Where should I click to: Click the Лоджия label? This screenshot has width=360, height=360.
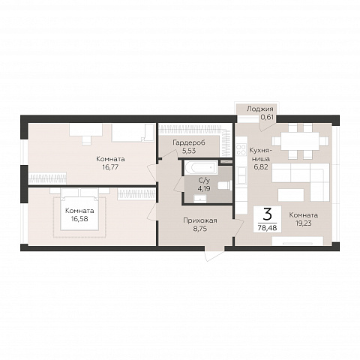pyautogui.click(x=260, y=109)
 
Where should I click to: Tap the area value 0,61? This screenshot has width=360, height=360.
pyautogui.click(x=267, y=117)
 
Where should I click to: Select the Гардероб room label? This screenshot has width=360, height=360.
pyautogui.click(x=189, y=142)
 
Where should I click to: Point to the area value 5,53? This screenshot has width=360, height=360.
pyautogui.click(x=189, y=151)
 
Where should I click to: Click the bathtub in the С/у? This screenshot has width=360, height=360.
pyautogui.click(x=201, y=166)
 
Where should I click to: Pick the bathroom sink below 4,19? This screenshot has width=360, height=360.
pyautogui.click(x=200, y=199)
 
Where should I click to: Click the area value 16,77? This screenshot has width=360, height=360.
pyautogui.click(x=110, y=167)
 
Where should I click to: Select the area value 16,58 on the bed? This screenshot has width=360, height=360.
pyautogui.click(x=79, y=219)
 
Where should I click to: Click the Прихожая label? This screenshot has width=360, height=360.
pyautogui.click(x=200, y=220)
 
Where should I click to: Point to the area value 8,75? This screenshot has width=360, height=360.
pyautogui.click(x=200, y=229)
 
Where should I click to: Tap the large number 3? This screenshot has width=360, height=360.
pyautogui.click(x=268, y=214)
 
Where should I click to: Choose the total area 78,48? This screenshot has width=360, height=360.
pyautogui.click(x=268, y=228)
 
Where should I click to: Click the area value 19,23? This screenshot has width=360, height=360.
pyautogui.click(x=304, y=223)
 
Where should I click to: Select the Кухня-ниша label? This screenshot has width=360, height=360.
pyautogui.click(x=260, y=154)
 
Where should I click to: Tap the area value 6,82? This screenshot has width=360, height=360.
pyautogui.click(x=261, y=167)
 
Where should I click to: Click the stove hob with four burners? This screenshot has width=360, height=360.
pyautogui.click(x=241, y=149)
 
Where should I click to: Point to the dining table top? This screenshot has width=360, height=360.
pyautogui.click(x=300, y=141)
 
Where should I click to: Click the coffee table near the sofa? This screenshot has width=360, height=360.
pyautogui.click(x=291, y=195)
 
